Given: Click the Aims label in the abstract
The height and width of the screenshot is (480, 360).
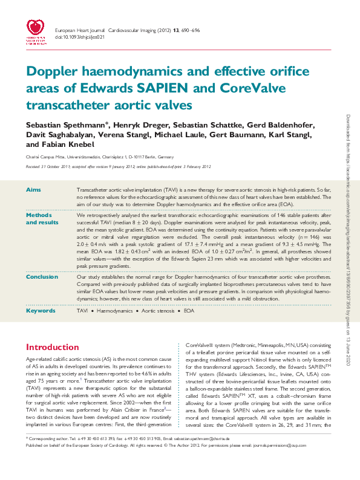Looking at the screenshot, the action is pos(33,190).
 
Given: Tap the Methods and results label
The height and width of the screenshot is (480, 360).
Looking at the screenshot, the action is pos(41,219).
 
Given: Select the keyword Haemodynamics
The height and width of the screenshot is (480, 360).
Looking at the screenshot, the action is pos(115,310).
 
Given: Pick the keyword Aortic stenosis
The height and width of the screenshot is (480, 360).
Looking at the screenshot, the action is pos(160,310).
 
